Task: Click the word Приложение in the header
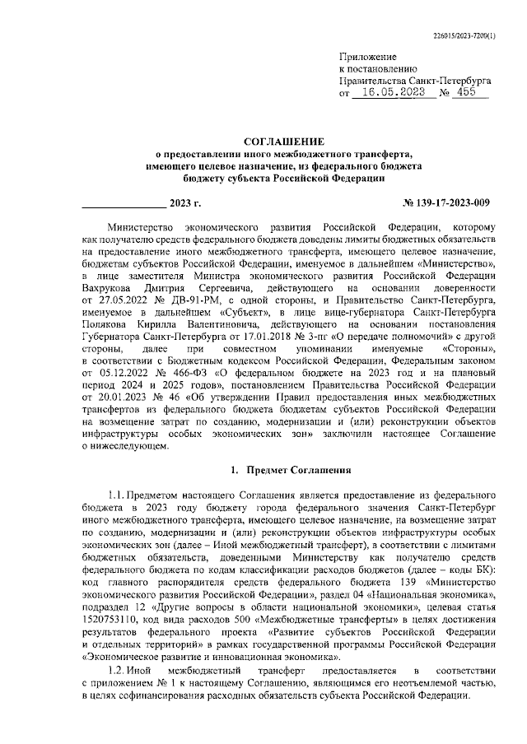368,56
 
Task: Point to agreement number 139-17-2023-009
447,202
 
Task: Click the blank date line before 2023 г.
124,202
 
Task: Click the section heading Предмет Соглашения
299,471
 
